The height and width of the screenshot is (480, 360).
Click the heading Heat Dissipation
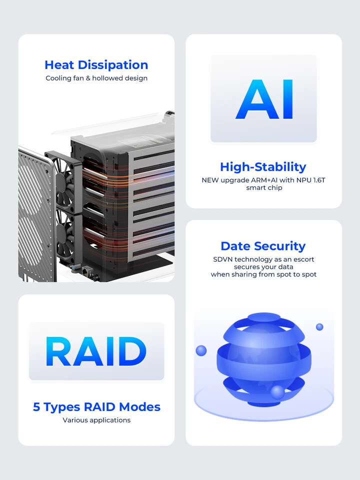point(96,65)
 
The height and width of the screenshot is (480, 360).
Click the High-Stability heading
point(263,167)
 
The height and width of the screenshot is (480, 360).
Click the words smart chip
point(264,188)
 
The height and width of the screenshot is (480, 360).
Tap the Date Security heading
point(263,246)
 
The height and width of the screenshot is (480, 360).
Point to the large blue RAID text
point(96,351)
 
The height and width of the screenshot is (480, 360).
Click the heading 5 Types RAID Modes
point(96,407)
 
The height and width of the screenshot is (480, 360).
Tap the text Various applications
point(96,420)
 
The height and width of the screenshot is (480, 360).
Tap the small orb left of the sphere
point(201,350)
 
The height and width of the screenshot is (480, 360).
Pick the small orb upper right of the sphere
point(319,327)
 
